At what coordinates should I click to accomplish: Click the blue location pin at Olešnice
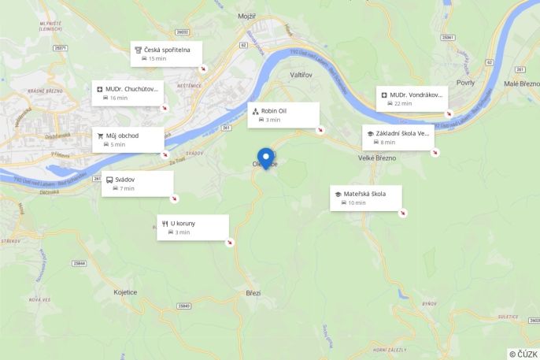[266, 157]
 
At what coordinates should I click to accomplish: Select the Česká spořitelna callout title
[167, 49]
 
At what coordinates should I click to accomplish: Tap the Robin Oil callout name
[274, 111]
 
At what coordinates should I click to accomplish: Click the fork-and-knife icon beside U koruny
[165, 224]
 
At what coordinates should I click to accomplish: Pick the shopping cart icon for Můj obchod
[101, 135]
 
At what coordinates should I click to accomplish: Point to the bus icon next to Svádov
[109, 180]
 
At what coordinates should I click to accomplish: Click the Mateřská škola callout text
[364, 194]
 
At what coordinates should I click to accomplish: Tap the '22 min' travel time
[403, 104]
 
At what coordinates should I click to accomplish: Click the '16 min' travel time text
[118, 98]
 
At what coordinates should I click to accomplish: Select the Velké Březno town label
[376, 158]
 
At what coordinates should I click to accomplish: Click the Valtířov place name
[302, 74]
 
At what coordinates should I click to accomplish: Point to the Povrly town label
[464, 82]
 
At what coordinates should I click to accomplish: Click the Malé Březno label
[521, 83]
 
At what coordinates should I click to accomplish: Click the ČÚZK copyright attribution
[523, 354]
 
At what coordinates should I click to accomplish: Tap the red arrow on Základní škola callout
[435, 152]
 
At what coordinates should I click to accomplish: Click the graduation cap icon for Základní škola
[370, 134]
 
